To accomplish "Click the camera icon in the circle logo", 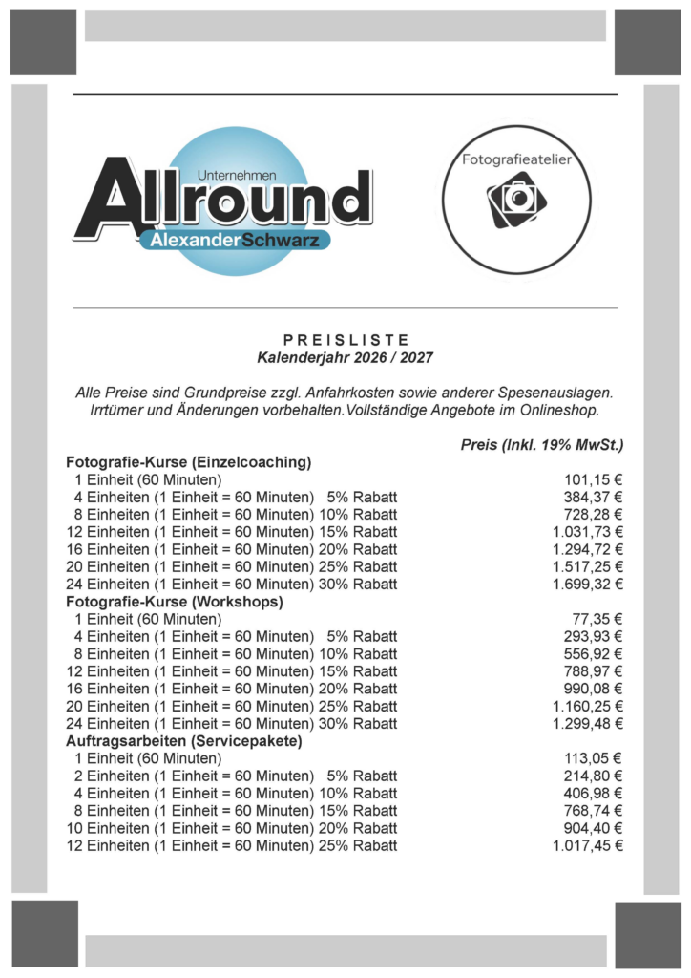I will pos(517,199).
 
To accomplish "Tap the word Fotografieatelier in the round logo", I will pos(516,160).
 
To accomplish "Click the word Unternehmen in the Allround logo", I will pos(236,176).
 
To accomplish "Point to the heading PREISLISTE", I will pos(345,340).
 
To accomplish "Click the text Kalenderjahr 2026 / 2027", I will pos(345,357).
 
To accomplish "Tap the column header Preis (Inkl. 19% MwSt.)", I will pos(541,445).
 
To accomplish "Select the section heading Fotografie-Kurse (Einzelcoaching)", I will pos(188,462).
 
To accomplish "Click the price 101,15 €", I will pos(593,480).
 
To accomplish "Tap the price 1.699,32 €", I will pos(587,585).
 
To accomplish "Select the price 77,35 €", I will pos(597,619).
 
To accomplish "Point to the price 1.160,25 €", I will pos(587,706).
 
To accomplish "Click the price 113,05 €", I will pos(593,758).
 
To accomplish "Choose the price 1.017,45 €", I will pos(587,845).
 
